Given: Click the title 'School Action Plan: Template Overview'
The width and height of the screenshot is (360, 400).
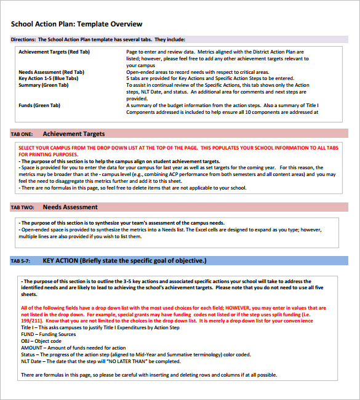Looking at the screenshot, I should (76, 24).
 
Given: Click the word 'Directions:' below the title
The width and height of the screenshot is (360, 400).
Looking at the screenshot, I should (23, 39).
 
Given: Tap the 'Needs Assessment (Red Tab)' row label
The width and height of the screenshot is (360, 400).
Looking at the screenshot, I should (51, 72).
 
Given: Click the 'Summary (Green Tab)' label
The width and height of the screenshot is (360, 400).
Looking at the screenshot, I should (43, 86).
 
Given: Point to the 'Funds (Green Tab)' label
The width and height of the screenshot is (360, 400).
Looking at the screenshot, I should (39, 106).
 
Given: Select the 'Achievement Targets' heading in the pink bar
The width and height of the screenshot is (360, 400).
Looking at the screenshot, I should (74, 134).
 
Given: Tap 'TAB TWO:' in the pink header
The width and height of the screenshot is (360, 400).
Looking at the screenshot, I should (23, 207).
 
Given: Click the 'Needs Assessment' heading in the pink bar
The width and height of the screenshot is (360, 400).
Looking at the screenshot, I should (70, 207).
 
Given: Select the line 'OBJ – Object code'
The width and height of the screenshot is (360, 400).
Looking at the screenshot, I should (41, 341).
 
